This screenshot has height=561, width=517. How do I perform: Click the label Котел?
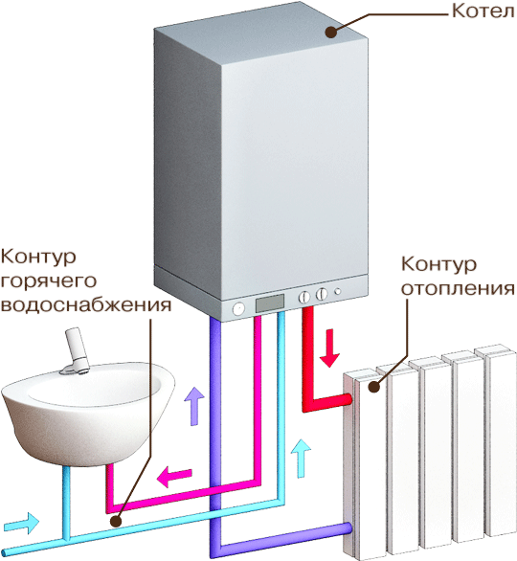pos(483,11)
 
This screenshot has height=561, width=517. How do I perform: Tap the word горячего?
pos(49,282)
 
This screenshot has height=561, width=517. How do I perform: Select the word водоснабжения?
pos(86,305)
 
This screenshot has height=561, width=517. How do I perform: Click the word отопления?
pos(458,288)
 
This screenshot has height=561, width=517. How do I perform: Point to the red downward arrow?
pos(329,348)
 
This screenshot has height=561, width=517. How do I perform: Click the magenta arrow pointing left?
pos(174,476)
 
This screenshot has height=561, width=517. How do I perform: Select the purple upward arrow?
pos(194,406)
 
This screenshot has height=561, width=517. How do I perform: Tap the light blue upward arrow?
pos(301,459)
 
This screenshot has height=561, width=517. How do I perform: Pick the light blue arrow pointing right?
pos(21,524)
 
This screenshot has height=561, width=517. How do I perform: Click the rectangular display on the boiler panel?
pos(270,303)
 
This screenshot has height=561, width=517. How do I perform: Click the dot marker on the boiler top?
pos(331,32)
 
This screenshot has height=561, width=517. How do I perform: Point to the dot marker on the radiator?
pos(374,387)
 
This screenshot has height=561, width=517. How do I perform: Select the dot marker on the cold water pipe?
pos(115,522)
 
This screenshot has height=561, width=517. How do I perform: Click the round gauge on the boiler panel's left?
pos(238,309)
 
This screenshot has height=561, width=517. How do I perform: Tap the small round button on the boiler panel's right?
pos(337,291)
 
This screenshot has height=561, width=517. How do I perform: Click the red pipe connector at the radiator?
pos(348,399)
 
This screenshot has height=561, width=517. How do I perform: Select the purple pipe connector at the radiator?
pos(348,528)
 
